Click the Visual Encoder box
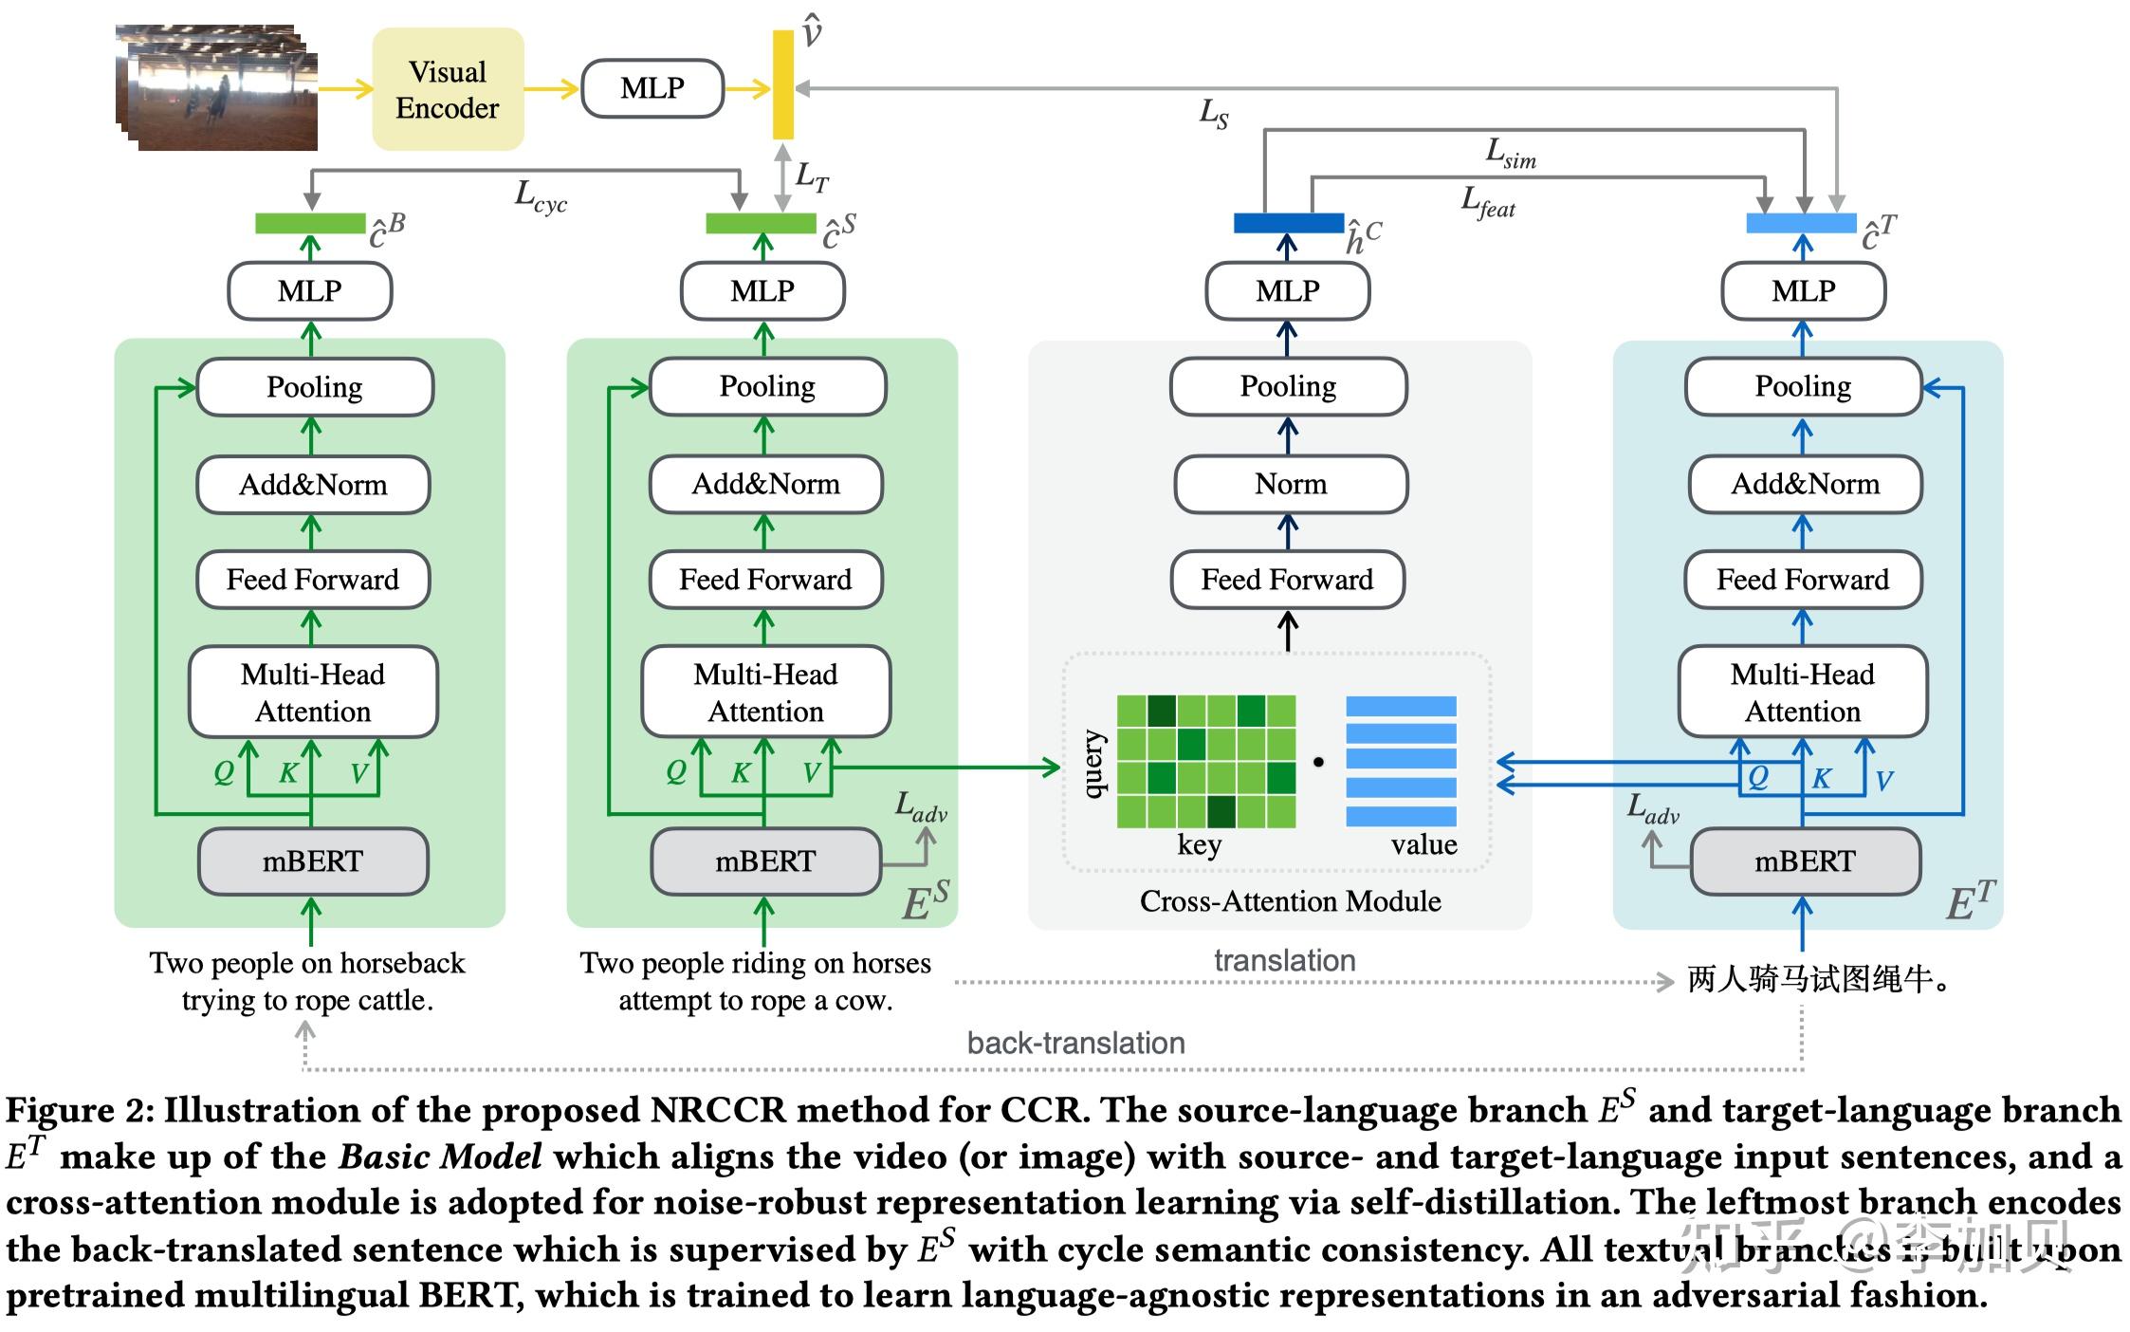pyautogui.click(x=448, y=89)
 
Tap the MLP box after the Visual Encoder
pyautogui.click(x=652, y=88)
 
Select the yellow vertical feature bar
pyautogui.click(x=783, y=84)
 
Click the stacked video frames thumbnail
pyautogui.click(x=219, y=88)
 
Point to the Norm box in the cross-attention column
pyautogui.click(x=1291, y=484)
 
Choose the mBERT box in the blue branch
pyautogui.click(x=1805, y=861)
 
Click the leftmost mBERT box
pyautogui.click(x=313, y=861)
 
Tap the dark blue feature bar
pyautogui.click(x=1288, y=223)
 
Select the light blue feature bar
pyautogui.click(x=1801, y=223)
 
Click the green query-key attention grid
pyautogui.click(x=1206, y=761)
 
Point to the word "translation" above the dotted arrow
pyautogui.click(x=1285, y=960)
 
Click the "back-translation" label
pyautogui.click(x=1075, y=1043)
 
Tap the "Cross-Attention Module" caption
pyautogui.click(x=1290, y=901)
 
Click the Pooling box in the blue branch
pyautogui.click(x=1803, y=386)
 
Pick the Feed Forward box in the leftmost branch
pyautogui.click(x=313, y=580)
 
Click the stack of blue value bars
pyautogui.click(x=1401, y=761)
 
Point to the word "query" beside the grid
pyautogui.click(x=1093, y=764)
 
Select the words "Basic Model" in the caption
pyautogui.click(x=441, y=1156)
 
